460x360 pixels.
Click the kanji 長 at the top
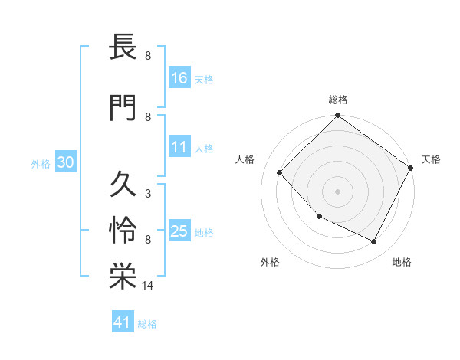pos(122,49)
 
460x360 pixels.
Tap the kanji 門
pos(122,107)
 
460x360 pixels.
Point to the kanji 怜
pos(122,231)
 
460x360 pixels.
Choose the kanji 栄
pos(122,277)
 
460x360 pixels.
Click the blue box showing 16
pos(179,78)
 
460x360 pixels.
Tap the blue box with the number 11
pos(179,148)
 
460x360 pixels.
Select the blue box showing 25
pos(179,232)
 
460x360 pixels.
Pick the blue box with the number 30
pos(65,162)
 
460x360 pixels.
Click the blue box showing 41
pos(123,323)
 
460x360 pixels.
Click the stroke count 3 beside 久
pos(148,194)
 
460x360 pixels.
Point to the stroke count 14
pos(148,286)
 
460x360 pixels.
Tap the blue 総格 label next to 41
pos(147,324)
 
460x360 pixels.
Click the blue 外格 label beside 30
pos(41,163)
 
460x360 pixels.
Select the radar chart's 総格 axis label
pos(338,100)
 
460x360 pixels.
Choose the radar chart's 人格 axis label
pos(245,159)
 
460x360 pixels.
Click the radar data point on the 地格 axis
pos(374,242)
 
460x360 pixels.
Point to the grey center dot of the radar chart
pos(338,191)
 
